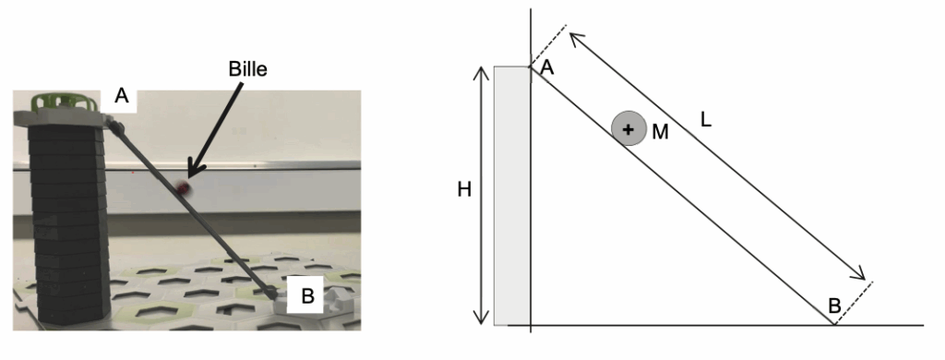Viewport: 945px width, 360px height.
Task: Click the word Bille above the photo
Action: point(247,68)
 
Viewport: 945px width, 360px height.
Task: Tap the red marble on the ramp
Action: point(184,188)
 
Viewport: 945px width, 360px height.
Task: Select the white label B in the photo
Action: point(306,296)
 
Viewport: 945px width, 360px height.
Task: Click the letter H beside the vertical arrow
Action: point(464,189)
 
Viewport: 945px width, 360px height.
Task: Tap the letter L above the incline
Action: point(706,120)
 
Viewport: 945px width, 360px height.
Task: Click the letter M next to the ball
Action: point(661,131)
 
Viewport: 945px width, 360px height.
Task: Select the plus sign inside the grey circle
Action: point(628,129)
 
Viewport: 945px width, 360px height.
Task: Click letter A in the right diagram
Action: point(547,68)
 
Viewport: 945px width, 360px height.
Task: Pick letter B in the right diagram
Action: point(834,306)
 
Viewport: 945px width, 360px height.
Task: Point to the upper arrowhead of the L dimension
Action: point(576,40)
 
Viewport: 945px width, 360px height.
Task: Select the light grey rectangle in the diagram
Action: point(511,196)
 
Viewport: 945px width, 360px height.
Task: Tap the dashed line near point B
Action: point(853,303)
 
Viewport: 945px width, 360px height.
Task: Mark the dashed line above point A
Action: point(548,45)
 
